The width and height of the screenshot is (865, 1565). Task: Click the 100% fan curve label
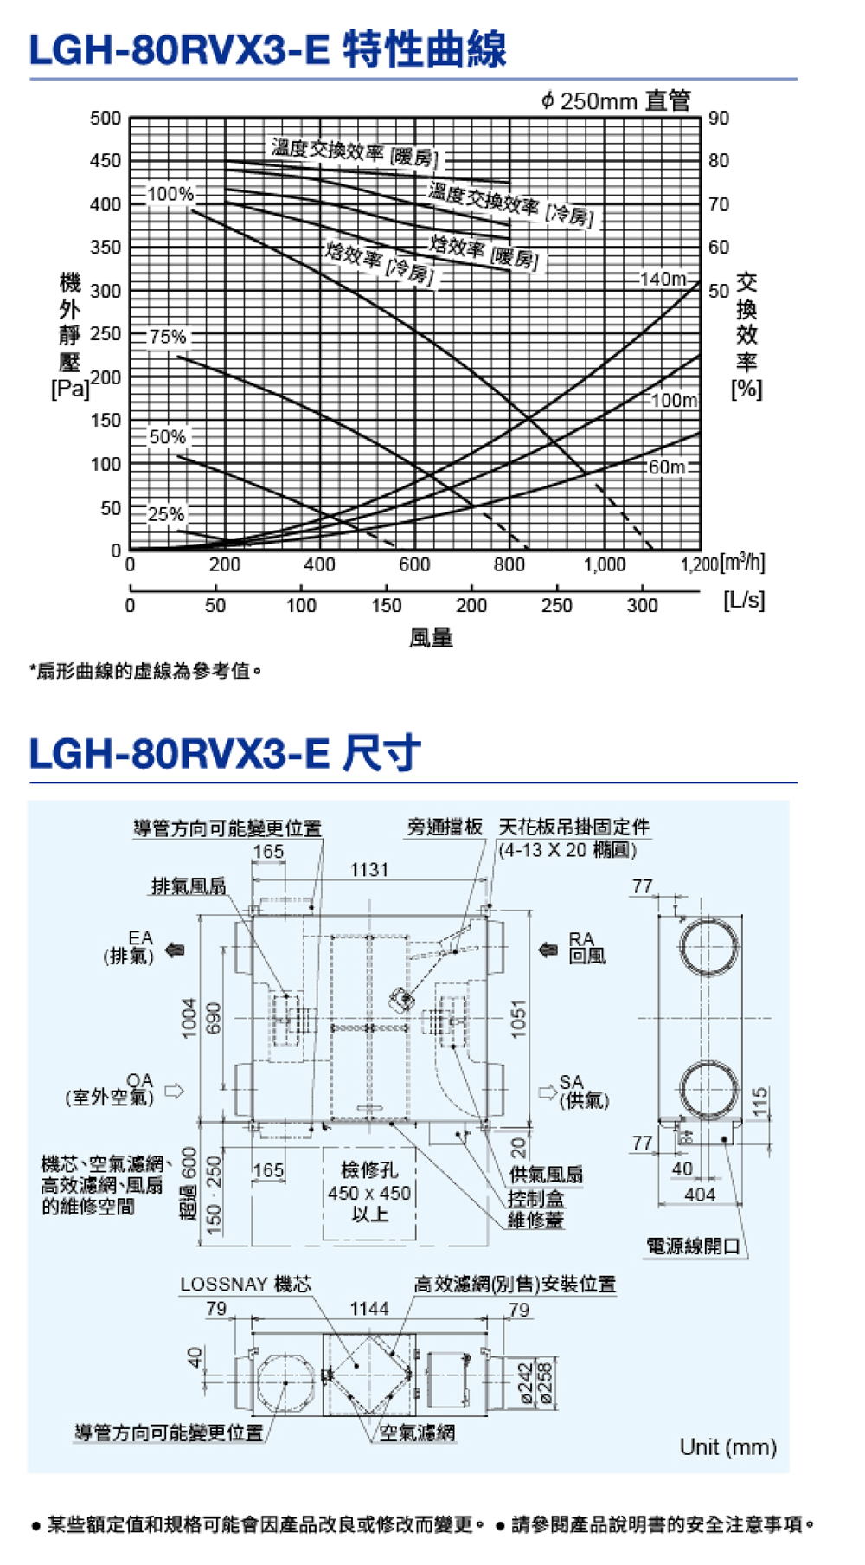[170, 194]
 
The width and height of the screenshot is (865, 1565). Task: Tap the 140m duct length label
[663, 279]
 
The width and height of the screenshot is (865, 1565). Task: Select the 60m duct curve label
[667, 467]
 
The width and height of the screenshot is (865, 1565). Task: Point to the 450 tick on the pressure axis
[106, 161]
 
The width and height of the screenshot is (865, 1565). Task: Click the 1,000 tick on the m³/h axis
[604, 565]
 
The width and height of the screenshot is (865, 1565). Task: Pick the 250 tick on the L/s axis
[556, 605]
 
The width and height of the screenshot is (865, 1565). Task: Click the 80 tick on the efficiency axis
[719, 161]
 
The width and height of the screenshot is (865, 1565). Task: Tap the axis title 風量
[431, 638]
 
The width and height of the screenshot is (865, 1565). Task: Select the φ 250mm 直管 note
[616, 101]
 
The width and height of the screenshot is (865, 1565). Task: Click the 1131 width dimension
[369, 869]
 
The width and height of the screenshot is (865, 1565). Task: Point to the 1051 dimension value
[518, 1018]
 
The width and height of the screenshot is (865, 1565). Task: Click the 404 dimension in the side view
[700, 1195]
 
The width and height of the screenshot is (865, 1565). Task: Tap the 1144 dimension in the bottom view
[369, 1309]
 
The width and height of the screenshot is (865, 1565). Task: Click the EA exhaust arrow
[176, 950]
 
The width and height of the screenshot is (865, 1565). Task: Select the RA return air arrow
[548, 950]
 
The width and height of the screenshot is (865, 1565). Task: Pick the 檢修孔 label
[369, 1170]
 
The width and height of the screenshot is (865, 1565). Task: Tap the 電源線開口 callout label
[694, 1246]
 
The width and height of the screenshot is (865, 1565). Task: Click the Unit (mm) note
[727, 1447]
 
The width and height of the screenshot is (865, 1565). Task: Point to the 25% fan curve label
[166, 514]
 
